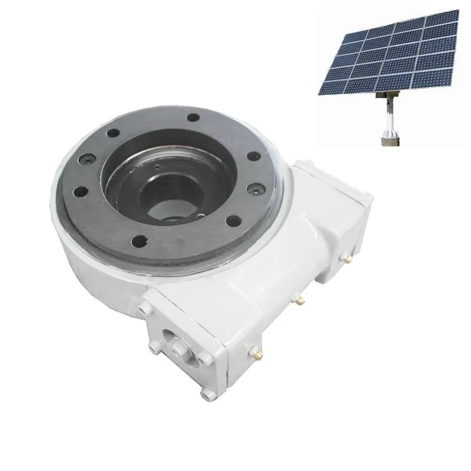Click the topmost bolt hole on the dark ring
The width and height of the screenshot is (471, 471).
coord(193,117)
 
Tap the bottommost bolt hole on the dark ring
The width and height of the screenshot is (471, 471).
coord(139,240)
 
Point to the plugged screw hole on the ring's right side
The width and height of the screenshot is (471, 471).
coord(254,190)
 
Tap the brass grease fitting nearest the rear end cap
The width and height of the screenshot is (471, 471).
coord(348,258)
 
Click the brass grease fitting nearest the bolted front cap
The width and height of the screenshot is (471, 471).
coord(257,352)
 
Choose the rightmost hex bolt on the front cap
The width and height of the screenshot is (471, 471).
coord(204,357)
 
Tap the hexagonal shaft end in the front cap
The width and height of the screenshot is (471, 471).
coord(177,350)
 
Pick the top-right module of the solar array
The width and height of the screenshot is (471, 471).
coord(442,21)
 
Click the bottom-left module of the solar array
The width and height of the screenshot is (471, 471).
coord(331,87)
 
